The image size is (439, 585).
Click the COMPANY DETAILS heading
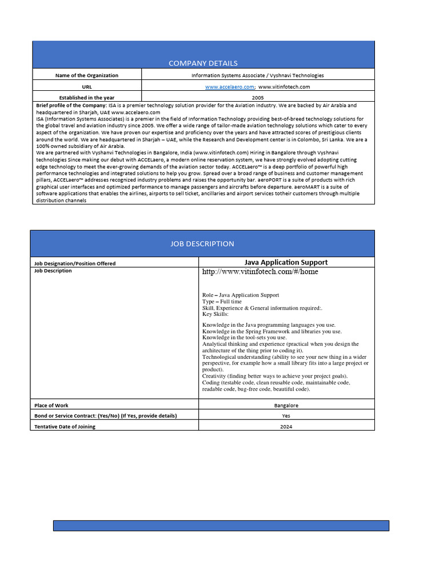[203, 63]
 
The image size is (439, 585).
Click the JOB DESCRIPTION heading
[202, 243]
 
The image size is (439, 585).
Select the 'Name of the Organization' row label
[87, 75]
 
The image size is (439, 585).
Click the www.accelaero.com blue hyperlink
[229, 86]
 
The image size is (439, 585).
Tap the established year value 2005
[258, 98]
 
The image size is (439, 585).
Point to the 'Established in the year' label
[87, 98]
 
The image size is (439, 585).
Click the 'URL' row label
[87, 86]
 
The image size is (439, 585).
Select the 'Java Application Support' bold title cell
[286, 262]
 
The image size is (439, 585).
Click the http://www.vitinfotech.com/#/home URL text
[260, 272]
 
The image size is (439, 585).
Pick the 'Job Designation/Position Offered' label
[75, 263]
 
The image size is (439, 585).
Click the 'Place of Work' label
[52, 405]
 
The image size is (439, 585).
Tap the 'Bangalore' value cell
[286, 405]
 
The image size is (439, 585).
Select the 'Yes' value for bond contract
[286, 416]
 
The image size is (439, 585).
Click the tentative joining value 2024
[286, 427]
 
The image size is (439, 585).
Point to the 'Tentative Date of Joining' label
[65, 427]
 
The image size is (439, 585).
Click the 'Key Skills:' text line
[215, 314]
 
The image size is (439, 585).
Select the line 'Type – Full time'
[222, 302]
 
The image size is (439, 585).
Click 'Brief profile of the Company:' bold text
[71, 106]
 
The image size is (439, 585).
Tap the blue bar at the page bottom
[221, 526]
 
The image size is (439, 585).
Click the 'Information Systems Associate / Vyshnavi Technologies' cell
[258, 75]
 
